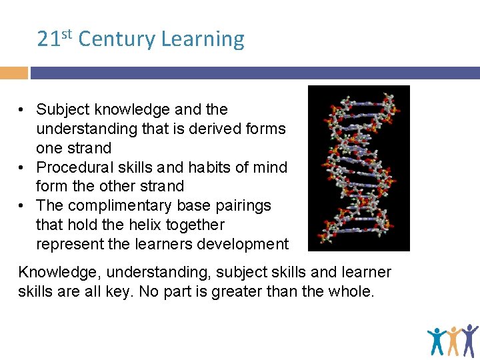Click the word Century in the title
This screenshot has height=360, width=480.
[117, 39]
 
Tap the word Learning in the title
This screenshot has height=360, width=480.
[203, 40]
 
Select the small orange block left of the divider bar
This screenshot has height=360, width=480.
[13, 73]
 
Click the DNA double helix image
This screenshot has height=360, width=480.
[359, 168]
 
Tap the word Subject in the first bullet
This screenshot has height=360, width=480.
[64, 109]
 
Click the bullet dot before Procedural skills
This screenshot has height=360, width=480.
[23, 167]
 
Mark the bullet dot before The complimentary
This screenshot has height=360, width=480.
[23, 205]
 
